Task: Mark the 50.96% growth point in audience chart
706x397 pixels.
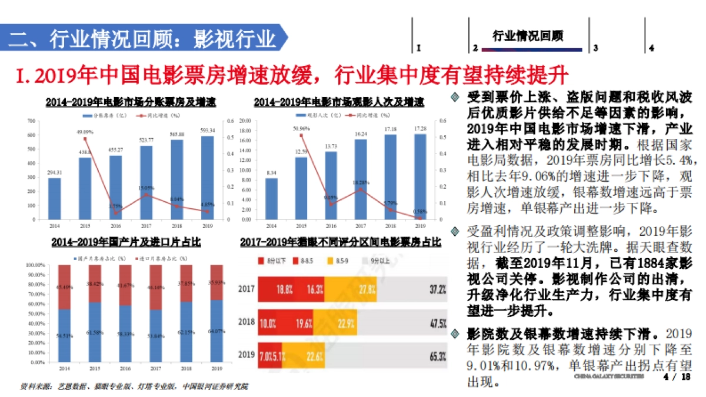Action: click(301, 135)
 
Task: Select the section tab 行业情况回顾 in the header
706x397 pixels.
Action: click(528, 36)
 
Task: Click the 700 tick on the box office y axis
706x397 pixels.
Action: click(31, 121)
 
